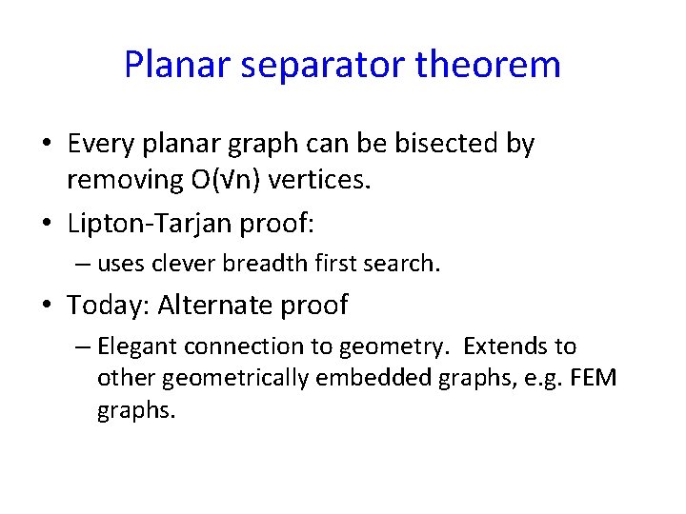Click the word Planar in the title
coord(177,65)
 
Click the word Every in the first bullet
coord(97,144)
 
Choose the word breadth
coord(253,264)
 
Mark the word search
coord(406,264)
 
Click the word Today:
coord(108,306)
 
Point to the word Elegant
coord(133,346)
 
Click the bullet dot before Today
coord(47,306)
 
